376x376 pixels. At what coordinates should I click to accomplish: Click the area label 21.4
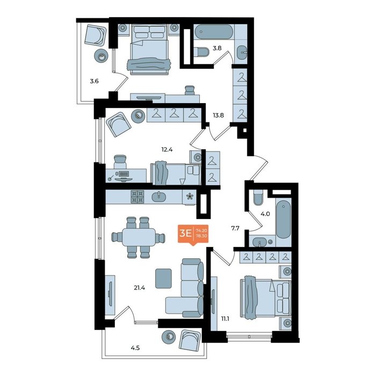[x=140, y=287]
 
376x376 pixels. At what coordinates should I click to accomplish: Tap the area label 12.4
[x=167, y=150]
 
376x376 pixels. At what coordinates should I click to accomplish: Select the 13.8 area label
[x=218, y=115]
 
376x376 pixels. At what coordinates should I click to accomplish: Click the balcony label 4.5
[x=135, y=348]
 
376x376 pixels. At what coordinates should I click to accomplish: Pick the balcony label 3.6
[x=94, y=81]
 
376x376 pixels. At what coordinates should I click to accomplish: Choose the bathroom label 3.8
[x=217, y=48]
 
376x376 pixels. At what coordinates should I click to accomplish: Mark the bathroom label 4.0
[x=265, y=214]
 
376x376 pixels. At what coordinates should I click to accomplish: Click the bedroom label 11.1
[x=225, y=319]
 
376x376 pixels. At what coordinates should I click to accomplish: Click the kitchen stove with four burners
[x=137, y=197]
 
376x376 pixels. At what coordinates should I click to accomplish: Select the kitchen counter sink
[x=159, y=197]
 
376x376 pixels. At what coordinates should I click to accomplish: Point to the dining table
[x=139, y=237]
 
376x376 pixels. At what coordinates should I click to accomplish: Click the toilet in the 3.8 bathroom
[x=201, y=52]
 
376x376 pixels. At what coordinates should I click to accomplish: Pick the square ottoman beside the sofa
[x=163, y=278]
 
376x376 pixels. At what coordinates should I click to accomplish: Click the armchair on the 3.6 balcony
[x=96, y=35]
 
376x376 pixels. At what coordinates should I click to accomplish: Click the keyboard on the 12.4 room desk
[x=124, y=173]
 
